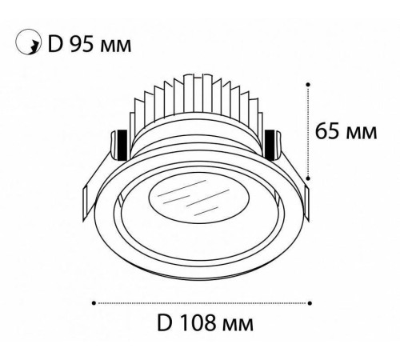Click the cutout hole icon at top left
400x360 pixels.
(28, 42)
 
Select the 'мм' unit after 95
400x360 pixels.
(116, 46)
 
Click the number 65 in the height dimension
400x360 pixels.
(328, 130)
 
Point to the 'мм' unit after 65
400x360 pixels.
(362, 134)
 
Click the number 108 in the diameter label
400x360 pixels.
(198, 323)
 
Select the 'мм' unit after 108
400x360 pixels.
(238, 326)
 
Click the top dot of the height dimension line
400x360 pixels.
(308, 84)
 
